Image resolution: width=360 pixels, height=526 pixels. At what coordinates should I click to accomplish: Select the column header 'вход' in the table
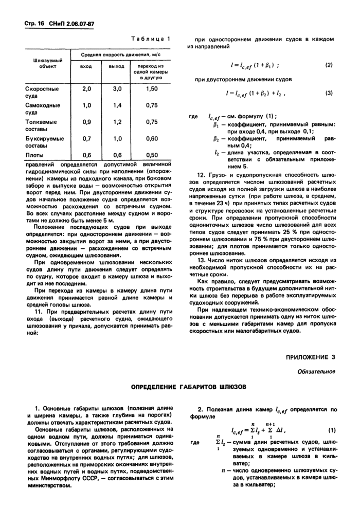tap(86, 67)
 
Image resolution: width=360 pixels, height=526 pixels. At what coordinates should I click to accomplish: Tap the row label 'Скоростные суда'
tap(42, 93)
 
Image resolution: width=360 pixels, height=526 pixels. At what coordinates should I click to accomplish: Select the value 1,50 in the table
tap(151, 89)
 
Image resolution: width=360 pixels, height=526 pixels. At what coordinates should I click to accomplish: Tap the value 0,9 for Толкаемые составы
tap(86, 122)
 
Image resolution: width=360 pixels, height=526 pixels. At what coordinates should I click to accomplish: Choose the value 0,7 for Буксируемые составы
tap(86, 138)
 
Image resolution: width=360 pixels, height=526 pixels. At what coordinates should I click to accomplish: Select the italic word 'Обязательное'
tap(318, 371)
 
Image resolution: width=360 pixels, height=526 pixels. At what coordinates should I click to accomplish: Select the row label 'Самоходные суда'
tap(42, 109)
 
